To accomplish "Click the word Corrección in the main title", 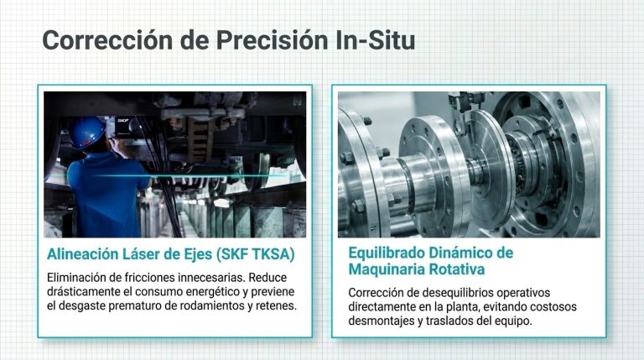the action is coord(107,40).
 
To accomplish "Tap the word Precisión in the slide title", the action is coord(272,40).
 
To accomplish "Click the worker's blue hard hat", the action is coord(87,133).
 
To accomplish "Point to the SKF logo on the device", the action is coord(122,120).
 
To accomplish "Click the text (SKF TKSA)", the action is coord(256,254).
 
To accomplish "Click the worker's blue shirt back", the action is coord(105,193).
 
